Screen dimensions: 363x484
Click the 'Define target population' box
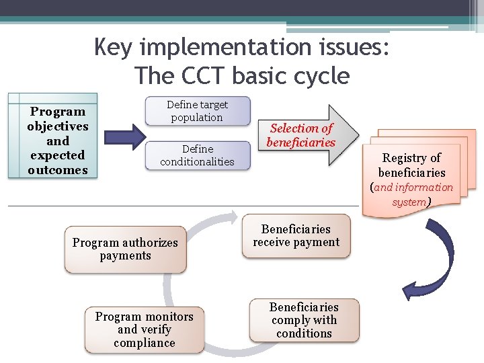(x=197, y=111)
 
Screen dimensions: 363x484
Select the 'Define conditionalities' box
(x=197, y=155)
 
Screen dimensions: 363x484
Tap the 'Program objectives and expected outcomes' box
(x=57, y=140)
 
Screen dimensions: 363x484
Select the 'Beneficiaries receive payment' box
(x=296, y=236)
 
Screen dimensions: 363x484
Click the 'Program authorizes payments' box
(x=125, y=249)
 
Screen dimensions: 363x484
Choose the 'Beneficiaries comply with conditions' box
(x=304, y=320)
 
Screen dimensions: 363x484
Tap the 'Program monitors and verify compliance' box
(x=144, y=329)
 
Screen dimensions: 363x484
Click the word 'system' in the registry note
(x=409, y=202)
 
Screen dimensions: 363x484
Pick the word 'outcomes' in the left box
(x=58, y=170)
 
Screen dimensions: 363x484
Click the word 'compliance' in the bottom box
(x=144, y=343)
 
